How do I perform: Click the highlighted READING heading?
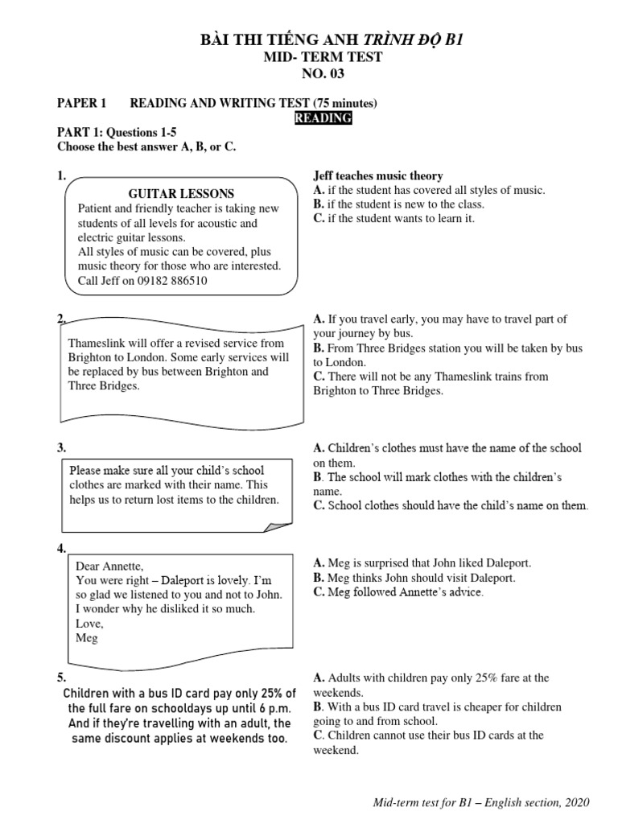pyautogui.click(x=322, y=118)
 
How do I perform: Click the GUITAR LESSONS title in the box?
pyautogui.click(x=181, y=194)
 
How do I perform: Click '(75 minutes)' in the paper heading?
pyautogui.click(x=340, y=103)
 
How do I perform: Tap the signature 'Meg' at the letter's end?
pyautogui.click(x=86, y=637)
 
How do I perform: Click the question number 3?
pyautogui.click(x=61, y=448)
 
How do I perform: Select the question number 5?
pyautogui.click(x=61, y=678)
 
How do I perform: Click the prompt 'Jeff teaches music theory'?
pyautogui.click(x=377, y=175)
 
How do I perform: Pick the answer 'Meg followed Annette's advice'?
pyautogui.click(x=399, y=592)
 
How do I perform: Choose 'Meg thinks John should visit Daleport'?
pyautogui.click(x=414, y=578)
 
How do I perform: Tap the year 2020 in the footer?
pyautogui.click(x=575, y=802)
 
